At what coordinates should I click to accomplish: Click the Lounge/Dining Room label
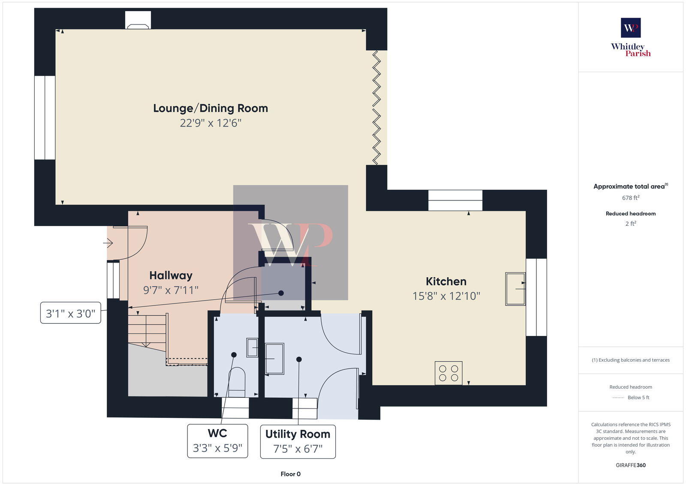[x=211, y=108]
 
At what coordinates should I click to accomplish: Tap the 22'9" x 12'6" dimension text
[x=211, y=123]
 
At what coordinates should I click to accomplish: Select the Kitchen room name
[x=446, y=281]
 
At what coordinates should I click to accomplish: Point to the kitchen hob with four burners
[x=448, y=373]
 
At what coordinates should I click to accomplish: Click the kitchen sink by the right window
[x=515, y=289]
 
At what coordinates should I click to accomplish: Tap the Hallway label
[x=171, y=275]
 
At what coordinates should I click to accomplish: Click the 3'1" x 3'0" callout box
[x=70, y=313]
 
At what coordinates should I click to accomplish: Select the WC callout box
[x=217, y=441]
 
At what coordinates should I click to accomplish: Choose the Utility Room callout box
[x=298, y=442]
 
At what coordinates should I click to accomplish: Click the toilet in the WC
[x=237, y=383]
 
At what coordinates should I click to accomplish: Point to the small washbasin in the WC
[x=252, y=348]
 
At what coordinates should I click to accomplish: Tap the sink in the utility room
[x=274, y=358]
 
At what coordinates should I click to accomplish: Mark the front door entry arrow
[x=108, y=243]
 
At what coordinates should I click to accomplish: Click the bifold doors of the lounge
[x=376, y=107]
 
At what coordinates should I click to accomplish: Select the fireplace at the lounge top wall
[x=138, y=20]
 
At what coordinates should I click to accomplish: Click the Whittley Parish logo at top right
[x=631, y=38]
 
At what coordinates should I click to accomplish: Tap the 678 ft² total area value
[x=631, y=198]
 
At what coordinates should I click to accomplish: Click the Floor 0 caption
[x=290, y=474]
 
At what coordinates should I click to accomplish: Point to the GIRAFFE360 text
[x=631, y=465]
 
